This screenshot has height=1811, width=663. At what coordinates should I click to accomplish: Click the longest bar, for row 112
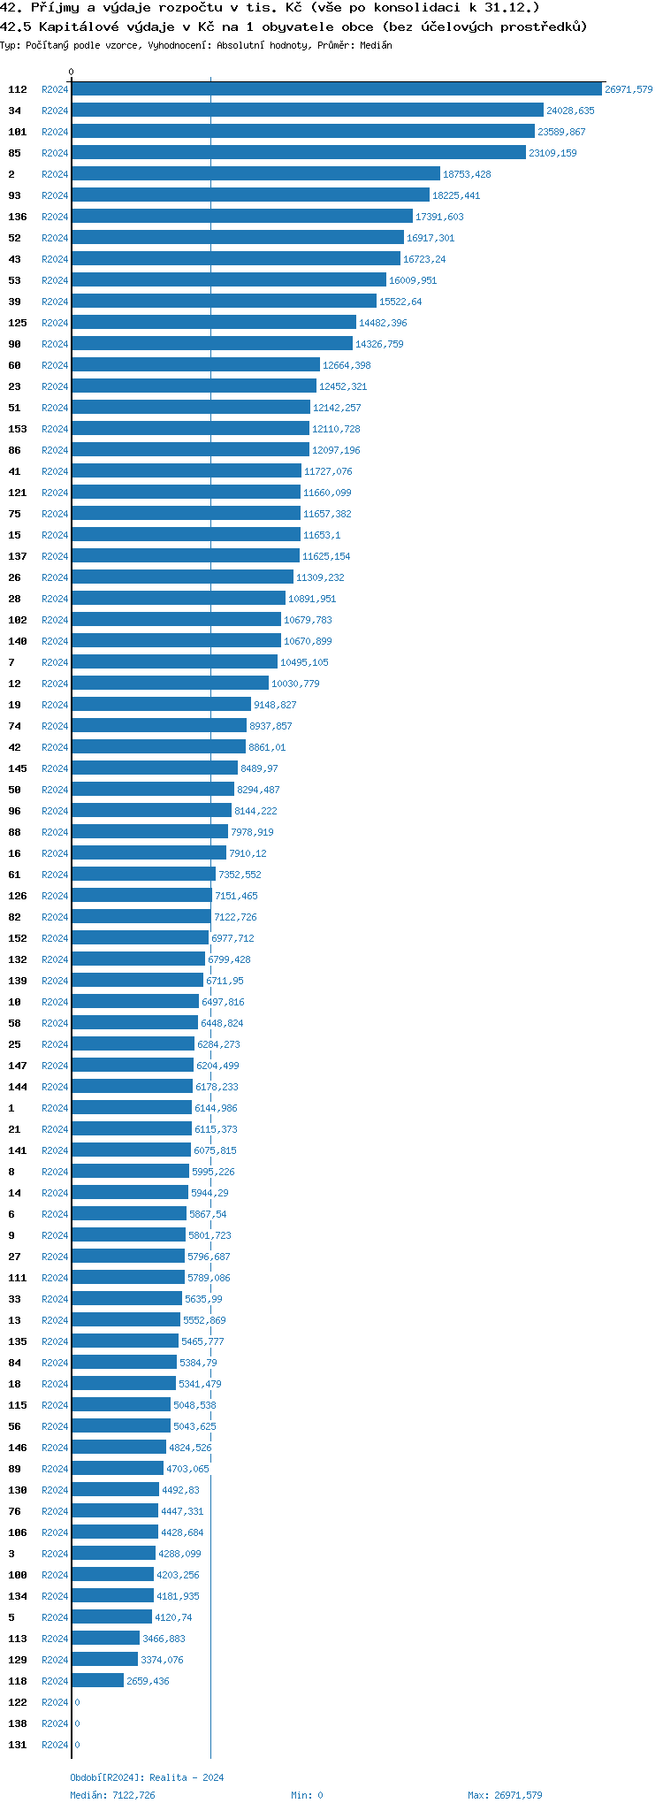point(337,88)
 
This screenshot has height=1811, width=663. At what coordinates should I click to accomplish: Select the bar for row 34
point(308,110)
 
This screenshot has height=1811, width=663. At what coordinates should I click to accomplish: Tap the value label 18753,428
point(467,174)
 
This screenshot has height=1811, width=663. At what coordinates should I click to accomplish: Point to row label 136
point(18,217)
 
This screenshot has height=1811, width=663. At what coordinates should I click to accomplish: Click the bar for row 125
point(214,322)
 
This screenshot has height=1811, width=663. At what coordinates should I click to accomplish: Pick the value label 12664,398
point(347,365)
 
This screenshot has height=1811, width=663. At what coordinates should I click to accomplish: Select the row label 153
point(18,429)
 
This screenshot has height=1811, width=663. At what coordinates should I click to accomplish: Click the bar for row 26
point(182,577)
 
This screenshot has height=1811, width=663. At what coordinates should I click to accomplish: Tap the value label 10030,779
point(295,684)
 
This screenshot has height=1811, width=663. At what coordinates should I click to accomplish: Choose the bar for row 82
point(141,916)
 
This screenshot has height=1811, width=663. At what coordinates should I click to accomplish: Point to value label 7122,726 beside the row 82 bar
point(235,917)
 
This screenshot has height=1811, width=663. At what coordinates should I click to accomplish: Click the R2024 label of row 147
point(55,1066)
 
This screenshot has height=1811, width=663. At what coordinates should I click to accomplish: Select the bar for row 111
point(128,1277)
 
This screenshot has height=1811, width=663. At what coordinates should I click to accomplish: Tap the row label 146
point(18,1448)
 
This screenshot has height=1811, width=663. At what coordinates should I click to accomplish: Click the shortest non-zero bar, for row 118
point(97,1680)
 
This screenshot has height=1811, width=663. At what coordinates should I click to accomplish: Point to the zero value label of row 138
point(77,1723)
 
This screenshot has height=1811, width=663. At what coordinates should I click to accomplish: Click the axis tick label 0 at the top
point(72,72)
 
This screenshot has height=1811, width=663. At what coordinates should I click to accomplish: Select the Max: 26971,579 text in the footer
point(505,1795)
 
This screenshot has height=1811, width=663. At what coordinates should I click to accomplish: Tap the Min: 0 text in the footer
point(307,1795)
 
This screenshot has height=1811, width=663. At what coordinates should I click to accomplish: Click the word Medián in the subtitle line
point(376,45)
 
